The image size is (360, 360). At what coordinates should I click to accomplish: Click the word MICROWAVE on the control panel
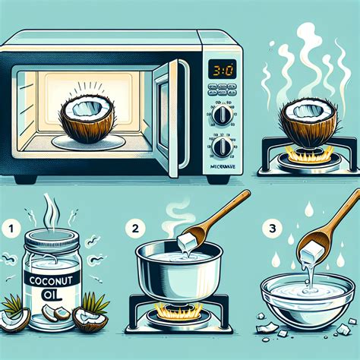click(224, 167)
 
